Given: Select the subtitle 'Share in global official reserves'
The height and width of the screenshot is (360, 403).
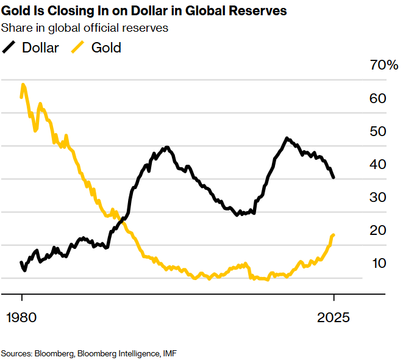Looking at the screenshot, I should pyautogui.click(x=85, y=27).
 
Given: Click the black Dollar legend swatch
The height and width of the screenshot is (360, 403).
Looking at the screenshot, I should pyautogui.click(x=10, y=48).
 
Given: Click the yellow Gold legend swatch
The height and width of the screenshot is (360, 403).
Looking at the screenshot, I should pyautogui.click(x=79, y=48).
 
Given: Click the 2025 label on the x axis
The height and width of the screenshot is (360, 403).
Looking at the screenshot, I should pyautogui.click(x=333, y=319).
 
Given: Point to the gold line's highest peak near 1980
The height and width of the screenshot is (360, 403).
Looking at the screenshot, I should pyautogui.click(x=23, y=85).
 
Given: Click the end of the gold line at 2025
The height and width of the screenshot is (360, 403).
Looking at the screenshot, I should pyautogui.click(x=333, y=235).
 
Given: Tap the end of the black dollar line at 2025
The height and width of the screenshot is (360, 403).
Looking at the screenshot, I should pyautogui.click(x=333, y=177).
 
